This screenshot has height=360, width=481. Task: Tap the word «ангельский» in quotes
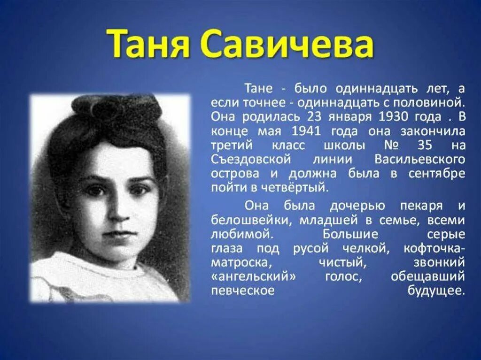(255, 277)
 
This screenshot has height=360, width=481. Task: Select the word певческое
(242, 291)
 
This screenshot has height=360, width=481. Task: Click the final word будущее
(436, 291)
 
